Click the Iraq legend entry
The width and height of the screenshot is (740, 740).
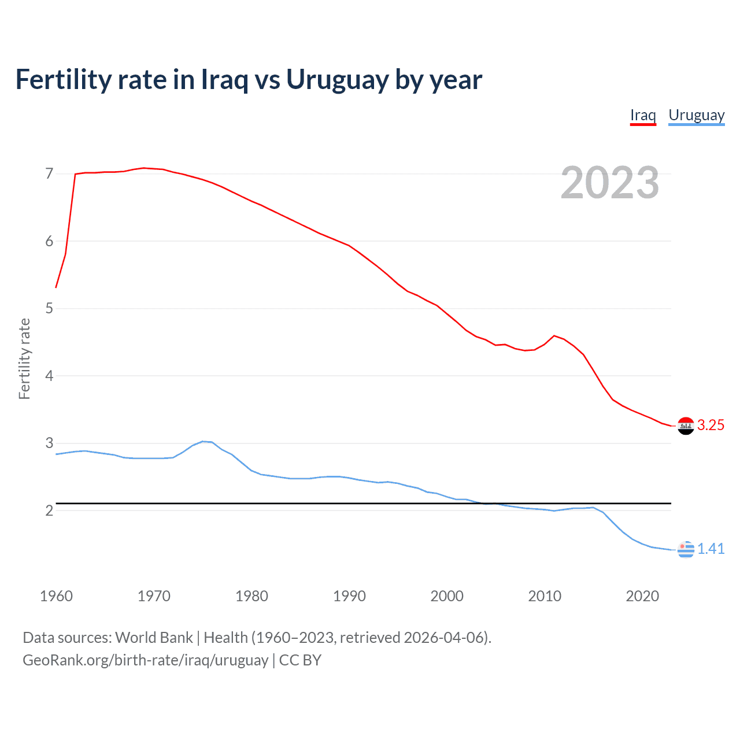pyautogui.click(x=643, y=115)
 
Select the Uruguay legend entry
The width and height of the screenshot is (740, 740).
pyautogui.click(x=696, y=115)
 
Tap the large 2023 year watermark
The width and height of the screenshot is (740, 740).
pyautogui.click(x=609, y=183)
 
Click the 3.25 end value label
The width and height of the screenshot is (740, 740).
pyautogui.click(x=711, y=425)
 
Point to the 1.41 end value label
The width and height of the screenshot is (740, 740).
pyautogui.click(x=711, y=549)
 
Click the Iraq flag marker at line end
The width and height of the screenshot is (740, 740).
pyautogui.click(x=686, y=425)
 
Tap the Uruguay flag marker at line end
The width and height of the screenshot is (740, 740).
pyautogui.click(x=686, y=549)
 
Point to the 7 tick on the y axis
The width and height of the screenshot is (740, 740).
pyautogui.click(x=49, y=174)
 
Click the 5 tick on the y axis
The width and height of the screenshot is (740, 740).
pyautogui.click(x=49, y=309)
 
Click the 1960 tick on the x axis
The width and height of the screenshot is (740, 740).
pyautogui.click(x=56, y=596)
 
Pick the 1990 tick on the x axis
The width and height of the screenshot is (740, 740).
pyautogui.click(x=349, y=596)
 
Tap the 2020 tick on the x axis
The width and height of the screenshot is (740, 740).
pyautogui.click(x=642, y=596)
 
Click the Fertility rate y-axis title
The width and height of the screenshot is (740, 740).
pyautogui.click(x=24, y=358)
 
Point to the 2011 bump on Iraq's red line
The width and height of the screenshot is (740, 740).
pyautogui.click(x=554, y=335)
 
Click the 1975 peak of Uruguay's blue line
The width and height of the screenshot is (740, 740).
pyautogui.click(x=202, y=441)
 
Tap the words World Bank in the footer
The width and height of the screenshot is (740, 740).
pyautogui.click(x=154, y=638)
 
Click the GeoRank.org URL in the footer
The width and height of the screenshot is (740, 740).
pyautogui.click(x=145, y=660)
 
